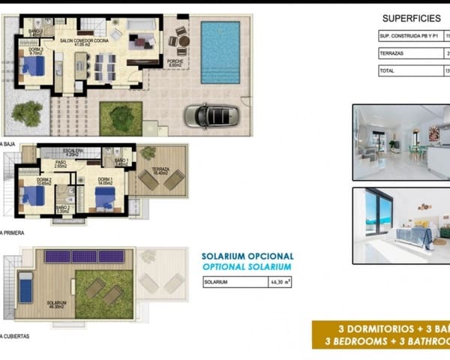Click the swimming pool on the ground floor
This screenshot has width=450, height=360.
pyautogui.click(x=220, y=41)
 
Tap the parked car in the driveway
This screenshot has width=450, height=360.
pyautogui.click(x=212, y=115)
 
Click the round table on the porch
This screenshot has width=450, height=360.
pyautogui.click(x=181, y=41)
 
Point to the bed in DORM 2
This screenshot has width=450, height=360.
pyautogui.click(x=32, y=196)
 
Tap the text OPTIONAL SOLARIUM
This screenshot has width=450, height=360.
pyautogui.click(x=247, y=266)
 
